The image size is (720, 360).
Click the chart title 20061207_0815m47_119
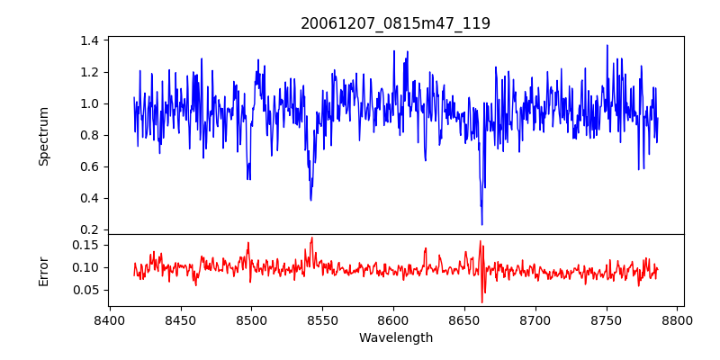pyautogui.click(x=395, y=23)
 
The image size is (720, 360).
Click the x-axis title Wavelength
pyautogui.click(x=395, y=338)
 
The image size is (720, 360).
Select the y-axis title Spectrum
pyautogui.click(x=43, y=136)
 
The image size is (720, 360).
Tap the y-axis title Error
pyautogui.click(x=43, y=270)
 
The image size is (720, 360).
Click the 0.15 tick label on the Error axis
pyautogui.click(x=85, y=245)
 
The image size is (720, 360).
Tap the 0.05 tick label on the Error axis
pyautogui.click(x=85, y=290)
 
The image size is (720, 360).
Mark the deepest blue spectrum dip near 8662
pyautogui.click(x=481, y=224)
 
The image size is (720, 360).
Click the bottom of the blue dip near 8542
pyautogui.click(x=310, y=200)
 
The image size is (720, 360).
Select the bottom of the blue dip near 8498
pyautogui.click(x=248, y=178)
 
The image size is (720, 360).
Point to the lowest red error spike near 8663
pyautogui.click(x=482, y=302)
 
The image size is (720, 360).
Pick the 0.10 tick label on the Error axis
pyautogui.click(x=85, y=267)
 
